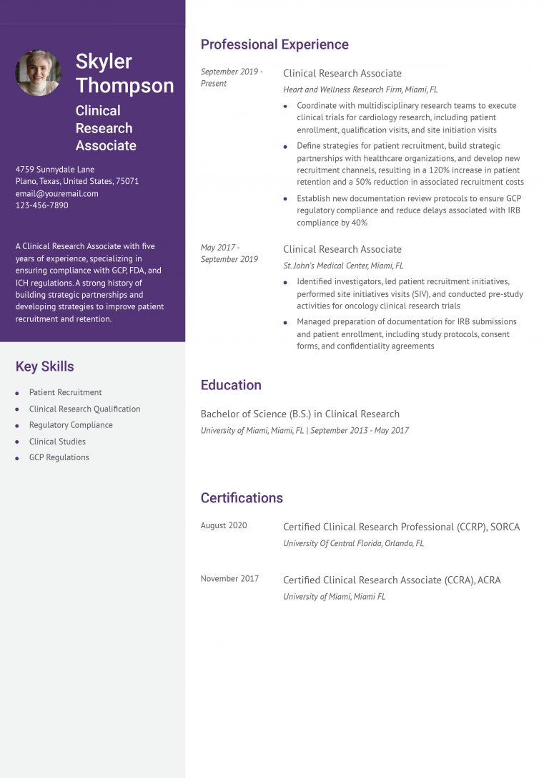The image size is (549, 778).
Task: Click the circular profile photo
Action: coord(39,72)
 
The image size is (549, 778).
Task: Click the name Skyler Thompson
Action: coord(124,73)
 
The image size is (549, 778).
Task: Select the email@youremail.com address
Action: coord(57,193)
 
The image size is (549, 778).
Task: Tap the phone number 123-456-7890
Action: coord(42,205)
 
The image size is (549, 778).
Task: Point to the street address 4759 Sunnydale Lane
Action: coord(55,170)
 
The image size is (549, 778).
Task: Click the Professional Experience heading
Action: coord(274,44)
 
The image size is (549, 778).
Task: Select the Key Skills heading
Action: coord(44,366)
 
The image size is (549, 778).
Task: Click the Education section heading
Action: coord(231,385)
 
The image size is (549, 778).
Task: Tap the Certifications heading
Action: coord(242,498)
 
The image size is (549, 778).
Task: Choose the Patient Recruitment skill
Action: coord(65,392)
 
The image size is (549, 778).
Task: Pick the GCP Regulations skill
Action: coord(59,457)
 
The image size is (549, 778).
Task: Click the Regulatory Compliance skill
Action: coord(71,425)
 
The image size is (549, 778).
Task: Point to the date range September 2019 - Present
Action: coord(232,77)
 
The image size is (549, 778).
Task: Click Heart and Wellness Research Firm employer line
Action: coord(360,90)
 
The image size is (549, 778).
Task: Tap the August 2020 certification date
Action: coord(224,525)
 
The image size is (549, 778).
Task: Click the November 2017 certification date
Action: coord(229,578)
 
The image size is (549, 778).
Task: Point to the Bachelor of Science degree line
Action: coord(300,414)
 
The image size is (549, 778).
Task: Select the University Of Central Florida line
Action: coord(353,543)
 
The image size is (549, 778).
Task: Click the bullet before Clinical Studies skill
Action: coord(17,442)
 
